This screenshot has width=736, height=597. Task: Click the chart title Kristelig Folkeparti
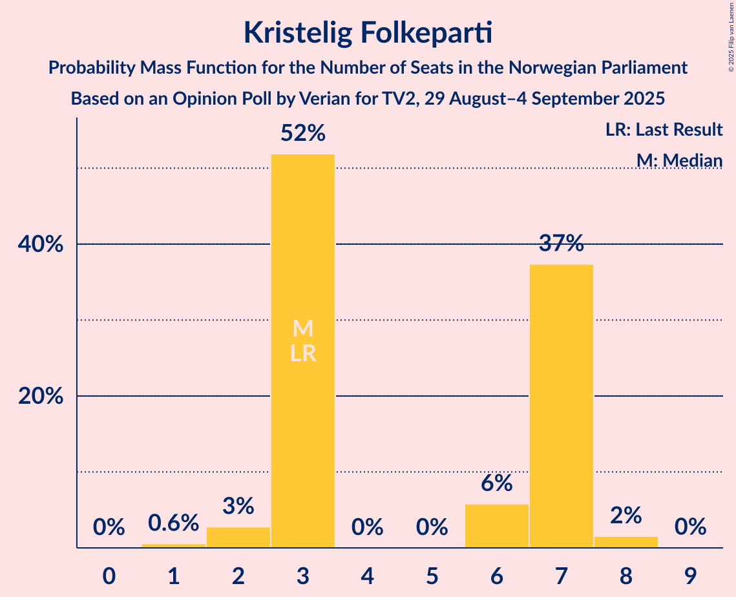(x=368, y=32)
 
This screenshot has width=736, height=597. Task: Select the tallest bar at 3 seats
(x=303, y=258)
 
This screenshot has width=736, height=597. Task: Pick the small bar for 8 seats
(x=626, y=542)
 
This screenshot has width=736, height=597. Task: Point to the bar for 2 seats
(x=238, y=537)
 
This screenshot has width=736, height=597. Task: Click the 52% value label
(x=303, y=133)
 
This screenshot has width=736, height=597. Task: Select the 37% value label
(x=561, y=244)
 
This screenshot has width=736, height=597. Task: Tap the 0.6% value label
(x=173, y=523)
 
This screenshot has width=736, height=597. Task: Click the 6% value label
(x=496, y=483)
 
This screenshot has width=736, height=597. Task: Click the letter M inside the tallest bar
(x=303, y=329)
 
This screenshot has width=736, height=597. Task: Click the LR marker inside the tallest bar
(x=303, y=353)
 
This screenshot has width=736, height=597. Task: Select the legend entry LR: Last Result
(x=664, y=130)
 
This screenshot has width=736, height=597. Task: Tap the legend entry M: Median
(x=678, y=160)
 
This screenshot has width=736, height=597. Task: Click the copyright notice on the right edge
(x=731, y=36)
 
